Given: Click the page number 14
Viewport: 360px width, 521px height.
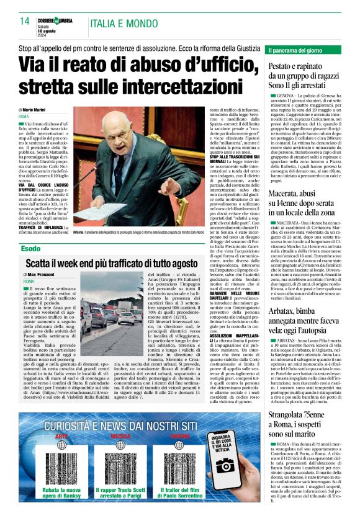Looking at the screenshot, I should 24,21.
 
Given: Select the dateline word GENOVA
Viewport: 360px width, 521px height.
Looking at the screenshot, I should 287,97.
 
